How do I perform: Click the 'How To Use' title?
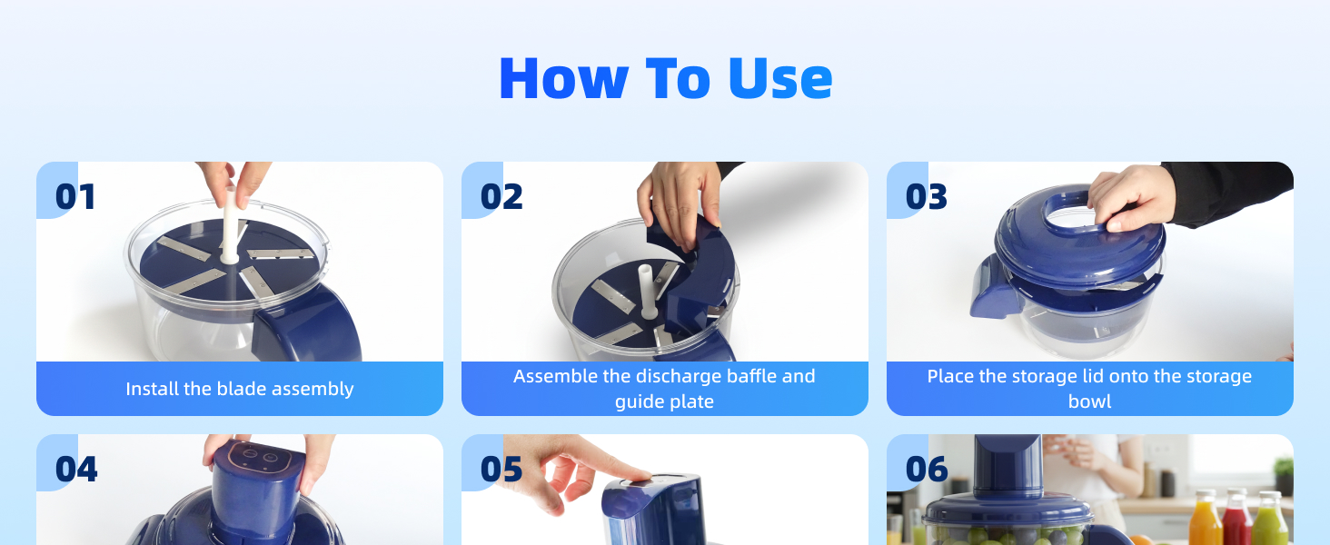665,78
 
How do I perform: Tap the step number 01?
75,197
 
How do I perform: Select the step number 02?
501,197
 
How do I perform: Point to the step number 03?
927,197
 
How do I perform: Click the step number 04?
76,470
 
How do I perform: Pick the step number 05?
501,470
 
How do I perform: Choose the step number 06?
927,470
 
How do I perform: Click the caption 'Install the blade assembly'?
240,389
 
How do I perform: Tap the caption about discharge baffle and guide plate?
664,389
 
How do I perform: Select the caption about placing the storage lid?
1089,389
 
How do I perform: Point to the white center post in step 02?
648,291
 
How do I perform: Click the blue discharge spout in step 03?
993,286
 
